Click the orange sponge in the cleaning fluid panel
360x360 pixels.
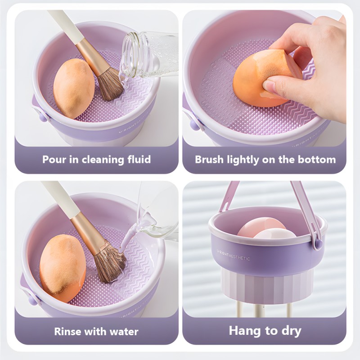coord(74,88)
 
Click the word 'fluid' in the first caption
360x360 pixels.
coord(138,159)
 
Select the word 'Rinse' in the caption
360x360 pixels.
coord(67,332)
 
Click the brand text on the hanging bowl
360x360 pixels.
coord(234,258)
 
